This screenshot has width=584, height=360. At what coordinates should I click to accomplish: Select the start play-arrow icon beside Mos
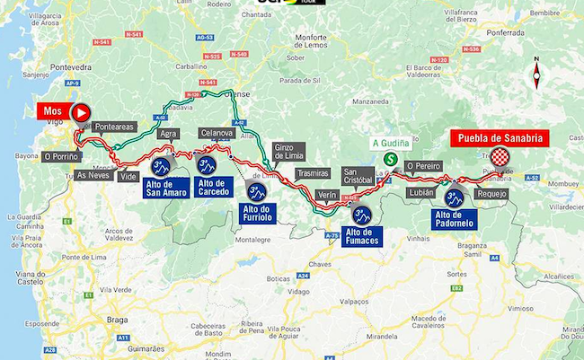pos(80,112)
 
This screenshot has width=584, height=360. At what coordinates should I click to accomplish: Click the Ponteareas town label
pos(114,127)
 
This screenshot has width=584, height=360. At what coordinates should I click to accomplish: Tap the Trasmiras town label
pos(313,172)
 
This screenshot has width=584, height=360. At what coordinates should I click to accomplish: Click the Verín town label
pos(327,194)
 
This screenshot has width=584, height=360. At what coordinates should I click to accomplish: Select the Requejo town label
pos(493,193)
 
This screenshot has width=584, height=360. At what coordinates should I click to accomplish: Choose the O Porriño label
pos(61,156)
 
